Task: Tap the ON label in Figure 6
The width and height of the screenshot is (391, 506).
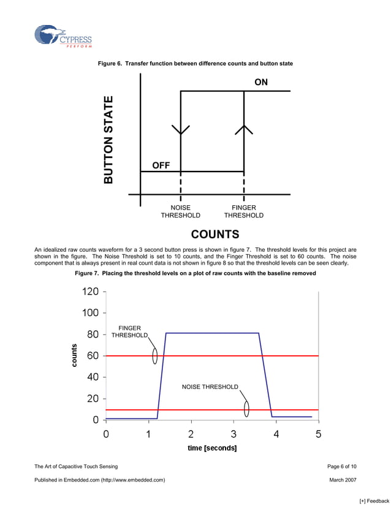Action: tap(261, 82)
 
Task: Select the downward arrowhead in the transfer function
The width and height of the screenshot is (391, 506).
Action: tap(181, 130)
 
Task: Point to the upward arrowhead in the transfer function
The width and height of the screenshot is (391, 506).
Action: tap(244, 129)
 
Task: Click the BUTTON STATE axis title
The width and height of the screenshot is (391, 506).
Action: tap(109, 140)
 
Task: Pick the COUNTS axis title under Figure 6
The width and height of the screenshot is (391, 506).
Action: tap(214, 235)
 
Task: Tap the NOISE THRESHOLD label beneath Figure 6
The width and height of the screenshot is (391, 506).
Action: tap(180, 211)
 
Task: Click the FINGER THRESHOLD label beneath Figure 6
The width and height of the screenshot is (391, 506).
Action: tap(244, 211)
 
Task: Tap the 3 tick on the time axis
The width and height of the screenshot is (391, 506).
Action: tap(233, 434)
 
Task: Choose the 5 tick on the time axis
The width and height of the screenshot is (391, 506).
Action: tap(318, 434)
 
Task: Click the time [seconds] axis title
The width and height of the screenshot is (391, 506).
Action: tap(212, 448)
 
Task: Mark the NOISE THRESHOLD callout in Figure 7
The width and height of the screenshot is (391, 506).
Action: tap(210, 387)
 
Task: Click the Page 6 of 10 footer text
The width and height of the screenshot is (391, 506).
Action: tap(342, 467)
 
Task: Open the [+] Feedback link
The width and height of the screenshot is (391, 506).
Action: tap(373, 501)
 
